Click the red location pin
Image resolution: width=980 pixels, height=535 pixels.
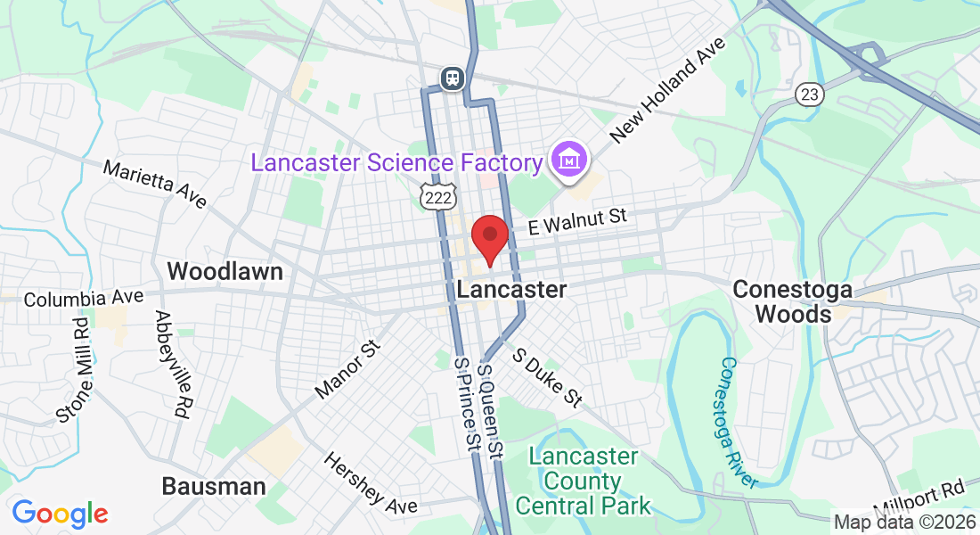[x=489, y=237]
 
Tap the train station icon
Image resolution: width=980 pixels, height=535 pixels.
[x=453, y=78]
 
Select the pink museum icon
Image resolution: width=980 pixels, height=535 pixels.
[x=568, y=160]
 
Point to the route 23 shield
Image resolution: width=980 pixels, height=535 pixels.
[x=809, y=94]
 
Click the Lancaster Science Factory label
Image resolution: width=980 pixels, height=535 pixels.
[x=397, y=163]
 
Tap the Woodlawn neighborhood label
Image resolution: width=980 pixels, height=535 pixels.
[x=225, y=271]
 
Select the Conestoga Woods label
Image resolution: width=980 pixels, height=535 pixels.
[x=792, y=301]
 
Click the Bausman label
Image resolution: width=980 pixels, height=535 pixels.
[x=214, y=486]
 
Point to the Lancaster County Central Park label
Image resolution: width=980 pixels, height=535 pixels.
[x=584, y=481]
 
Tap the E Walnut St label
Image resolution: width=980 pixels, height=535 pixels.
[x=577, y=220]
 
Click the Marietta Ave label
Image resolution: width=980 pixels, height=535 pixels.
[x=154, y=184]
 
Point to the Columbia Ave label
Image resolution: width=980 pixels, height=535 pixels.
[x=84, y=298]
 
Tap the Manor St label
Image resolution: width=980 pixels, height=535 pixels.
[x=347, y=367]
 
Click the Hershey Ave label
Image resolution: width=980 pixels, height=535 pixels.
[x=370, y=482]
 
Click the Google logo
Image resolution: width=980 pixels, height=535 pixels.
[x=60, y=514]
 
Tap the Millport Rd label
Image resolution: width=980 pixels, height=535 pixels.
[x=919, y=498]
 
